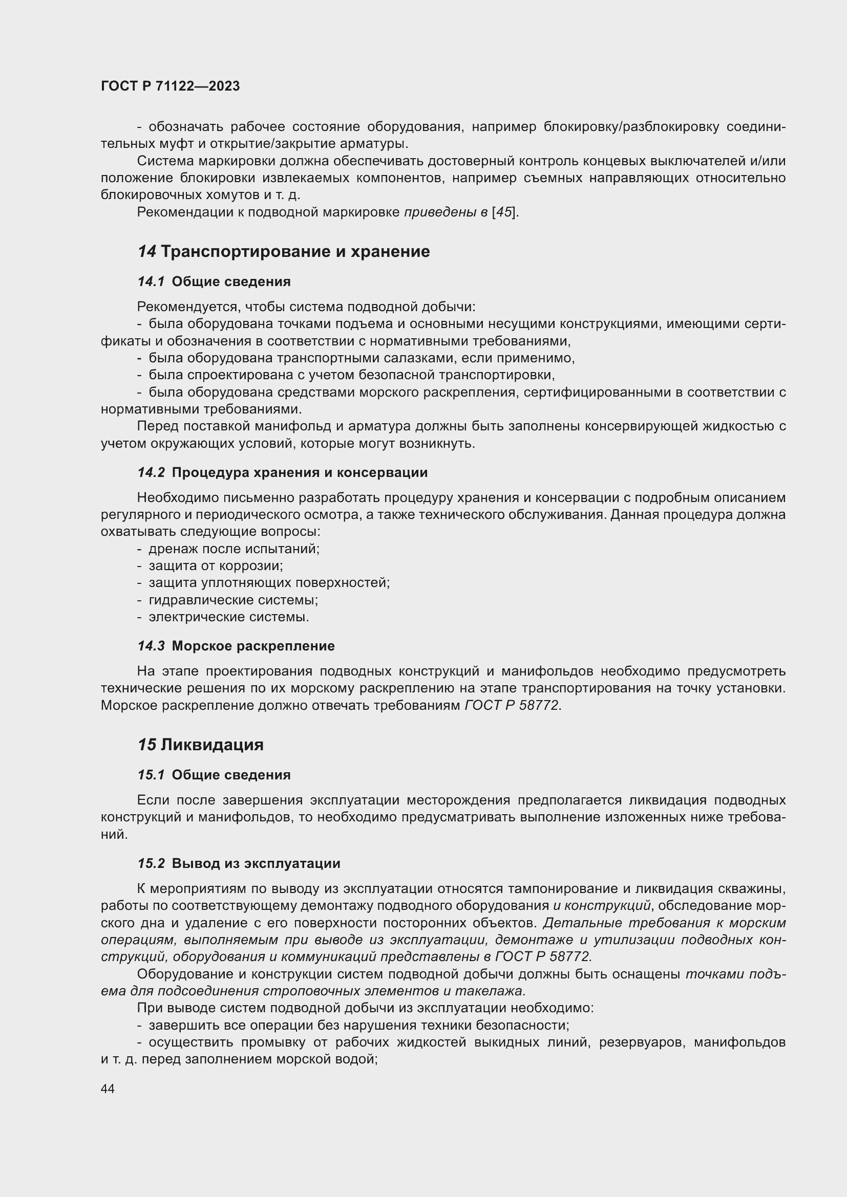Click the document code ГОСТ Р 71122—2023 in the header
(170, 86)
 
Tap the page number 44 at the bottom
(108, 1089)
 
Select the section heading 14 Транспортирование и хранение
(284, 251)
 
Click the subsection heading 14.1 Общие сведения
(214, 281)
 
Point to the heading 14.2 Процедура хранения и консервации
(282, 472)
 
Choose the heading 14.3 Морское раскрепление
(236, 646)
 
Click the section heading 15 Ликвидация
(200, 745)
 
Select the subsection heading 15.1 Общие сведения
(214, 775)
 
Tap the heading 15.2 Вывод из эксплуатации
(239, 863)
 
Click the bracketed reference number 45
(503, 212)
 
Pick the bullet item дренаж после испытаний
(234, 549)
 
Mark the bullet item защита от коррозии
(216, 565)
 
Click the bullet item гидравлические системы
(233, 600)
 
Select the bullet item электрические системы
(228, 617)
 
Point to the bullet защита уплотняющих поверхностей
(269, 582)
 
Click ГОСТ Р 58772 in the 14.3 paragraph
(512, 705)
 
